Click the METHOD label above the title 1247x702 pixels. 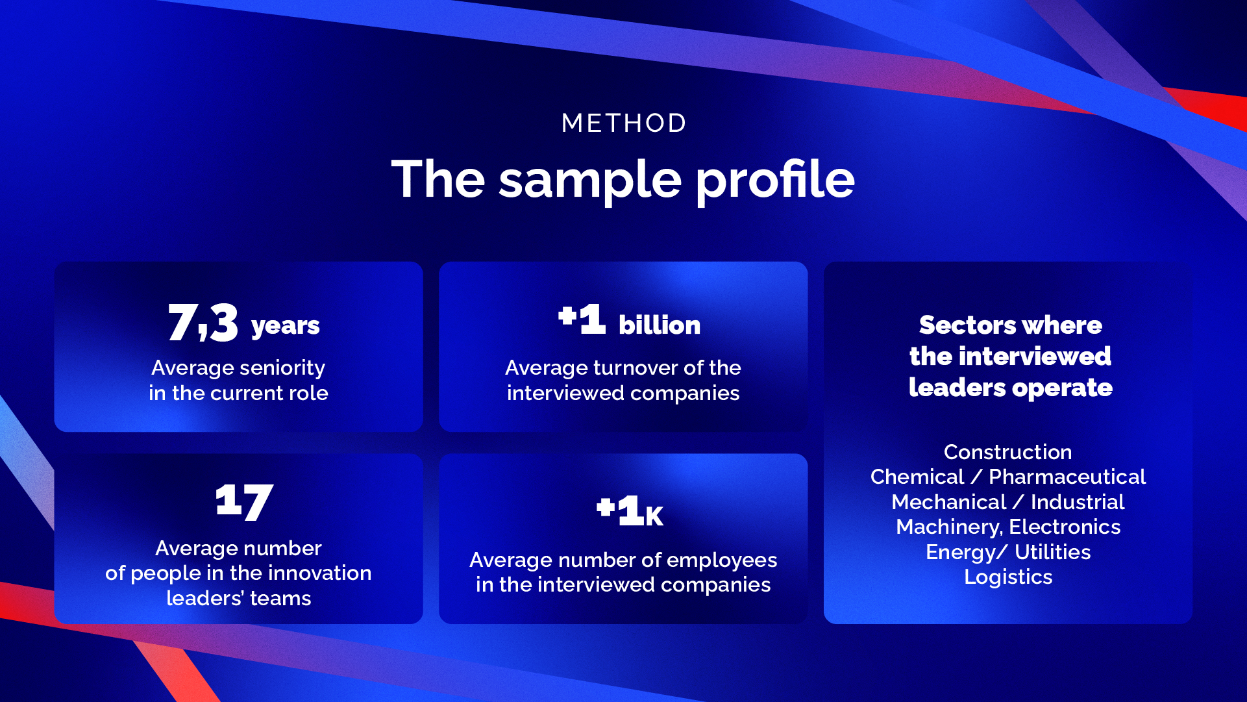(x=624, y=123)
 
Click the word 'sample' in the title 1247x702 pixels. (x=590, y=181)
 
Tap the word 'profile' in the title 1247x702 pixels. (x=776, y=181)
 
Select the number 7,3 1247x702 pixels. (x=203, y=322)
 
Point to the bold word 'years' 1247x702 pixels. (x=286, y=326)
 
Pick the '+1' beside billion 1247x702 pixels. (x=582, y=318)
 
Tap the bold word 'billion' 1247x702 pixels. (x=660, y=325)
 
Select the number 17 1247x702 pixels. (x=245, y=501)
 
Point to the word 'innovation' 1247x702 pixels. (x=319, y=573)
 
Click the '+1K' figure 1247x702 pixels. (x=630, y=510)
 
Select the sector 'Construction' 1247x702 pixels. (x=1007, y=452)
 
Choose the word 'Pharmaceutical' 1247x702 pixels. (x=1067, y=477)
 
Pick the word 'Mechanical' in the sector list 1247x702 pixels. (x=948, y=502)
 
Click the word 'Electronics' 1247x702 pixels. (x=1065, y=527)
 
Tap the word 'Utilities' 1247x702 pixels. (x=1052, y=552)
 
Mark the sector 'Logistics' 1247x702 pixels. (x=1008, y=577)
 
